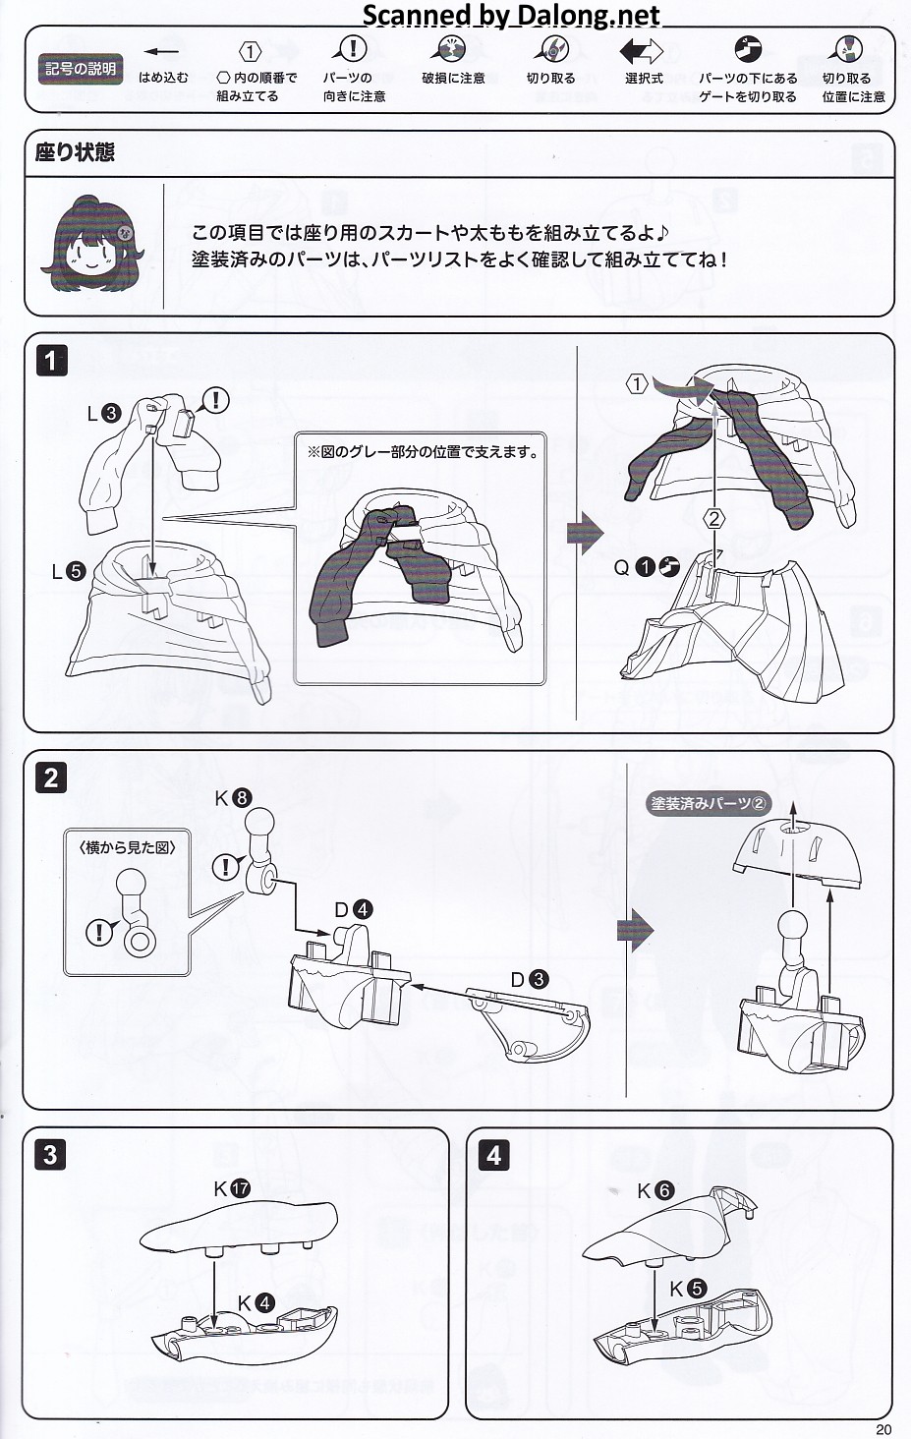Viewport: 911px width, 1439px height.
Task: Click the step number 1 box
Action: coord(51,361)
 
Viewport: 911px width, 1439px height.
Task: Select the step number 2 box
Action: coord(51,777)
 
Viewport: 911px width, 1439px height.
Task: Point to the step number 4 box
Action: coord(493,1155)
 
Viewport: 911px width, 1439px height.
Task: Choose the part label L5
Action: coord(68,571)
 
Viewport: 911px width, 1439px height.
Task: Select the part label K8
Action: coord(233,798)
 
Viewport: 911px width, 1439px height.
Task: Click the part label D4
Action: coord(353,910)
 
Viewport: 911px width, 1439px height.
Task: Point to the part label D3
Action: coord(529,979)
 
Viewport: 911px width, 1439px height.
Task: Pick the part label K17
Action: coord(232,1189)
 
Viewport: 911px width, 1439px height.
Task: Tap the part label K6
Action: coord(655,1191)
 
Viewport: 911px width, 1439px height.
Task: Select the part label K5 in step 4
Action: coord(687,1289)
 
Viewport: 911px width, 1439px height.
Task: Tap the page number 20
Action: coord(883,1429)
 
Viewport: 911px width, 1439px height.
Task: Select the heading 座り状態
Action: coord(75,152)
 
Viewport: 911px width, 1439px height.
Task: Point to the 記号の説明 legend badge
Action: coord(80,70)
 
